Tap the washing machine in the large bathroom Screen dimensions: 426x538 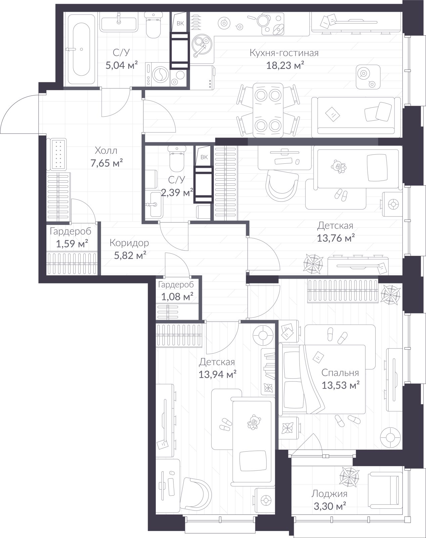coord(157,74)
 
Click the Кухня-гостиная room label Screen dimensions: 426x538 coord(284,53)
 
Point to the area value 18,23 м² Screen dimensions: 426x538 coord(285,66)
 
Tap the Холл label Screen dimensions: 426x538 coord(106,151)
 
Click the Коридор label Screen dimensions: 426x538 coord(129,243)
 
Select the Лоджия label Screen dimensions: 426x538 coord(329,494)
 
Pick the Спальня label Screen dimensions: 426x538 coord(340,373)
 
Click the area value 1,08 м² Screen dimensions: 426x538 coord(177,297)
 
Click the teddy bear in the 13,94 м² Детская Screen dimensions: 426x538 coord(254,422)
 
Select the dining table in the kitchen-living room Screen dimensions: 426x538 coord(268,110)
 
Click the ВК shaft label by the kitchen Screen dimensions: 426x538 coord(180,24)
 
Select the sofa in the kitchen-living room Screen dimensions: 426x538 coord(356,117)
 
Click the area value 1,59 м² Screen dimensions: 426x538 coord(72,243)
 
